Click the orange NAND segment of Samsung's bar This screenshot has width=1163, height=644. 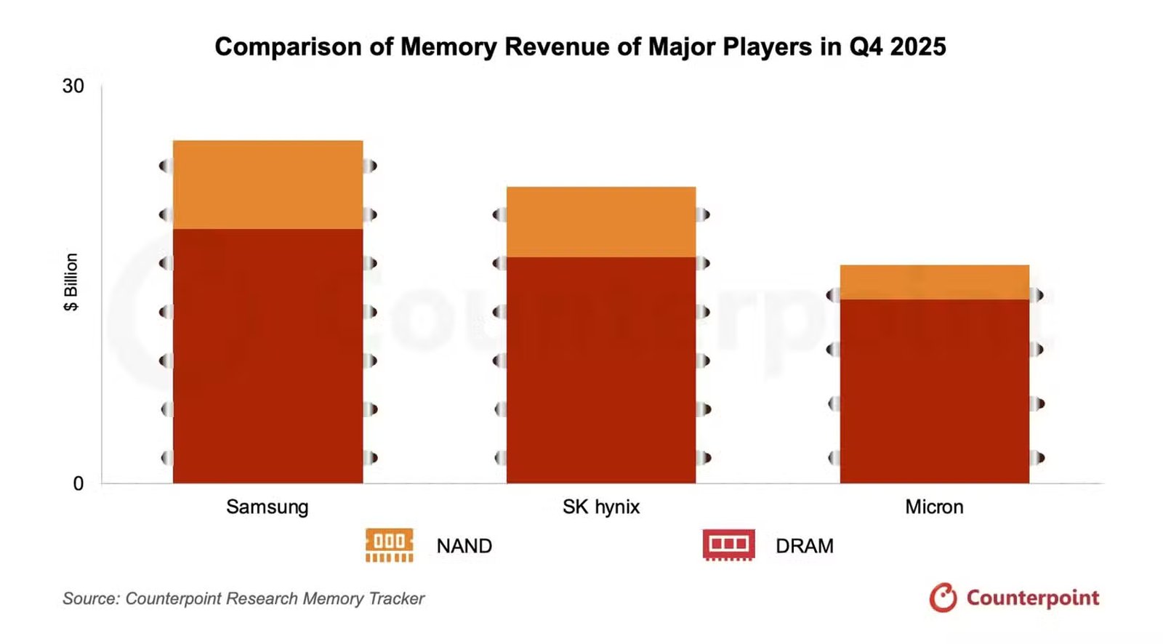(267, 185)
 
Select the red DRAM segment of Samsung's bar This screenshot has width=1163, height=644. (267, 356)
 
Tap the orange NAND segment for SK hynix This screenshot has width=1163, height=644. (601, 222)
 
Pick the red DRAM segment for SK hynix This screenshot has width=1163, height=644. (601, 370)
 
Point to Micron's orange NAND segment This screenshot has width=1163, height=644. (934, 282)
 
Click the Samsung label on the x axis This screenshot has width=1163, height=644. (267, 507)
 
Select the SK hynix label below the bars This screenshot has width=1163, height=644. (601, 507)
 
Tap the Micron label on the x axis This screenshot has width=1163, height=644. (934, 507)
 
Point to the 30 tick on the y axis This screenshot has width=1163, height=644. (73, 86)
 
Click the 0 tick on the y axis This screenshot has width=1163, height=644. (78, 483)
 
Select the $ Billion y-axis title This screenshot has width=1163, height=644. (71, 282)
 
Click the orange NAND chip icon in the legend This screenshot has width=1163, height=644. (390, 545)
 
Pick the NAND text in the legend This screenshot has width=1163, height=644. (464, 546)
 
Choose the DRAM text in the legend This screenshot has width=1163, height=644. (804, 546)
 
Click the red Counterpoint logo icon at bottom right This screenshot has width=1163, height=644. (943, 597)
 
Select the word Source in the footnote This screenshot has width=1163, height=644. (89, 598)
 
